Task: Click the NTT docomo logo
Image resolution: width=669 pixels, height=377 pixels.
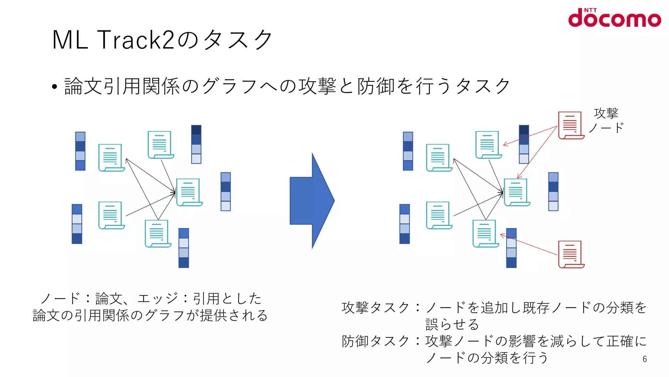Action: click(614, 18)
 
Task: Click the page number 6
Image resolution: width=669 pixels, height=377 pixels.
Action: click(645, 359)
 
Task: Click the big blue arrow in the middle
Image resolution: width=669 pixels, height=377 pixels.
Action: click(312, 201)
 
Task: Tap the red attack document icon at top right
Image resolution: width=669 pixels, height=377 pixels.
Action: click(571, 125)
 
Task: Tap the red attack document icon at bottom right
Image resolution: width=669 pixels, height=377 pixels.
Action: click(571, 254)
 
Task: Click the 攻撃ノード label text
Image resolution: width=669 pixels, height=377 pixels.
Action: click(606, 120)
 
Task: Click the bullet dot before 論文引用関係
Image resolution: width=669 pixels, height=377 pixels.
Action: click(55, 87)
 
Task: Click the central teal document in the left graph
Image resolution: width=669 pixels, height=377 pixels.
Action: click(189, 192)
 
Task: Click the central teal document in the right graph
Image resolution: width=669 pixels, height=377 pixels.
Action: click(516, 192)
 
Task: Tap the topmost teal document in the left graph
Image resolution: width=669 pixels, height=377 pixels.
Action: click(160, 145)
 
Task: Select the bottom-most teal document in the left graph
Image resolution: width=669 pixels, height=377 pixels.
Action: click(157, 233)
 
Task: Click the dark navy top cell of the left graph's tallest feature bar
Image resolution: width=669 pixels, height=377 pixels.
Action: click(196, 130)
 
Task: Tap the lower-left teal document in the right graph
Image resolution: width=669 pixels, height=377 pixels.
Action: click(439, 215)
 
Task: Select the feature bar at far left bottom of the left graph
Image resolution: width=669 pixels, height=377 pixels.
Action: click(77, 224)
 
